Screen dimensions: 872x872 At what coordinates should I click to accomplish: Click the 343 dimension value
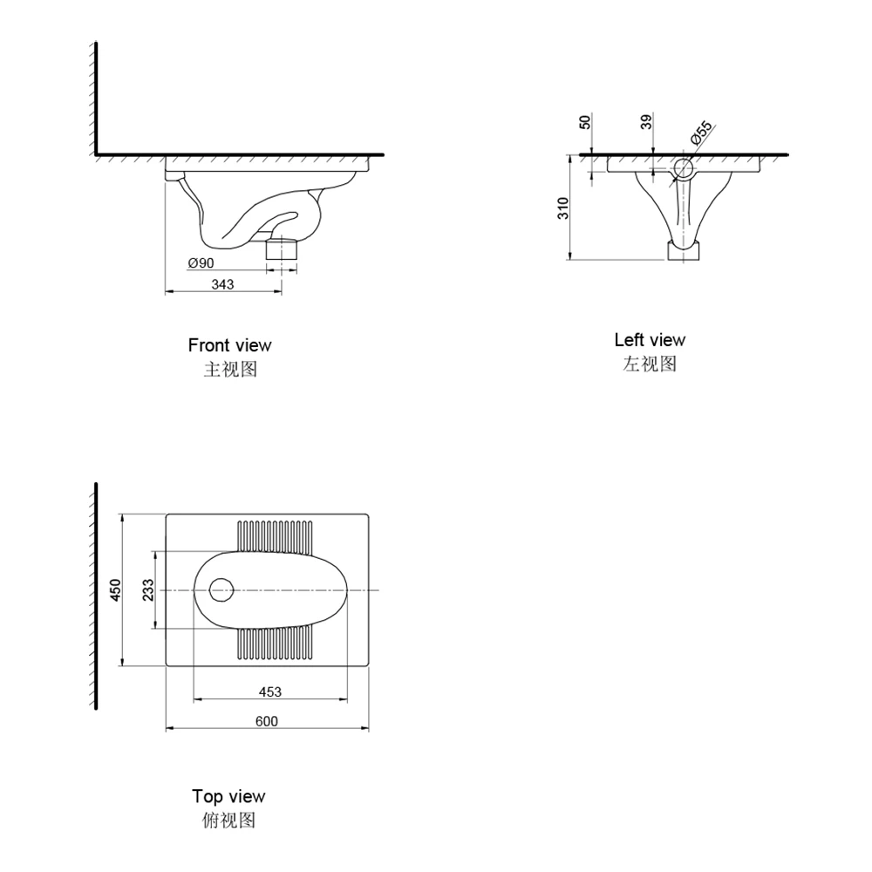click(x=222, y=284)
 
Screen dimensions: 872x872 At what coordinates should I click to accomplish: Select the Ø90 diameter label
click(x=201, y=262)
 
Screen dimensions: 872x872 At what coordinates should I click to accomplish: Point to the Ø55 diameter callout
click(x=701, y=133)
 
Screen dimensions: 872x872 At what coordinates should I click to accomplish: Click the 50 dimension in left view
click(x=585, y=122)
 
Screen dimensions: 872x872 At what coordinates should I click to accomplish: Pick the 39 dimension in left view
click(x=646, y=122)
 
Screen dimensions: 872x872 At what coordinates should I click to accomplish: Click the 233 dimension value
click(x=148, y=590)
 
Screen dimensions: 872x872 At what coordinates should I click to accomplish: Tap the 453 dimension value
click(x=270, y=691)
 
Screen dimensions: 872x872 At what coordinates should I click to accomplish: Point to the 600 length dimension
click(x=267, y=720)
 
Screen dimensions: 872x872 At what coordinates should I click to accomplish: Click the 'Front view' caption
click(x=229, y=345)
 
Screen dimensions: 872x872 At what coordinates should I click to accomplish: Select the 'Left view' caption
click(x=650, y=340)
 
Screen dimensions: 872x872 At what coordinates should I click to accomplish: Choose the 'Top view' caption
click(x=228, y=796)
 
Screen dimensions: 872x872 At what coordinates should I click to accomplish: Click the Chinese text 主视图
click(x=230, y=369)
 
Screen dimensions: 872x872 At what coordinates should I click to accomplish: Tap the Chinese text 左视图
click(x=650, y=364)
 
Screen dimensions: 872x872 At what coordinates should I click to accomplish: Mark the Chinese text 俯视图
click(x=228, y=820)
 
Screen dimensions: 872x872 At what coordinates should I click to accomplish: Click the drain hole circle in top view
click(x=222, y=590)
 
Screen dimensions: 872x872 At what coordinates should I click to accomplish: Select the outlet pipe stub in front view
click(x=282, y=249)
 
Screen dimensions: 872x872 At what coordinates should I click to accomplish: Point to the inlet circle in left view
click(x=683, y=167)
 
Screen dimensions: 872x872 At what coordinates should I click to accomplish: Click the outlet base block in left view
click(x=683, y=251)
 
